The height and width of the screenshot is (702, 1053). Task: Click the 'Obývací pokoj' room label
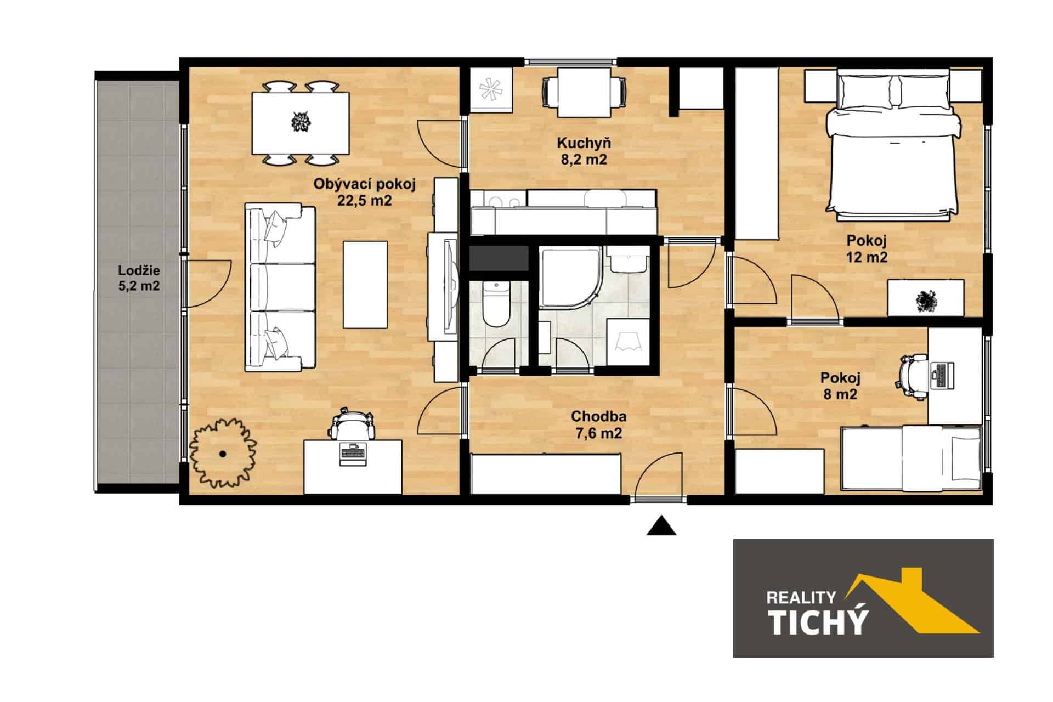pos(364,184)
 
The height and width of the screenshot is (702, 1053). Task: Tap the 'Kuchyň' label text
pos(584,143)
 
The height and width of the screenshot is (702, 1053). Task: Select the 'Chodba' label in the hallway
pos(598,416)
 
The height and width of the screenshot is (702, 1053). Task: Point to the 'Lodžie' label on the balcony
pos(139,270)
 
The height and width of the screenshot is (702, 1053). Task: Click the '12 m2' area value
pos(867,257)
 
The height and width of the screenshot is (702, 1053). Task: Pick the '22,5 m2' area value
pos(364,201)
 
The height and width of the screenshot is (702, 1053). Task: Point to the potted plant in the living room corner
pos(223,453)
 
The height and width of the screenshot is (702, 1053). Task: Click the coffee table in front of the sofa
pos(365,285)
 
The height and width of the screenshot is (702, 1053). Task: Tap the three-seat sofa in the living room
pos(280,288)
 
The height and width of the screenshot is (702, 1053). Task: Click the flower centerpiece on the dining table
pos(300,121)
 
